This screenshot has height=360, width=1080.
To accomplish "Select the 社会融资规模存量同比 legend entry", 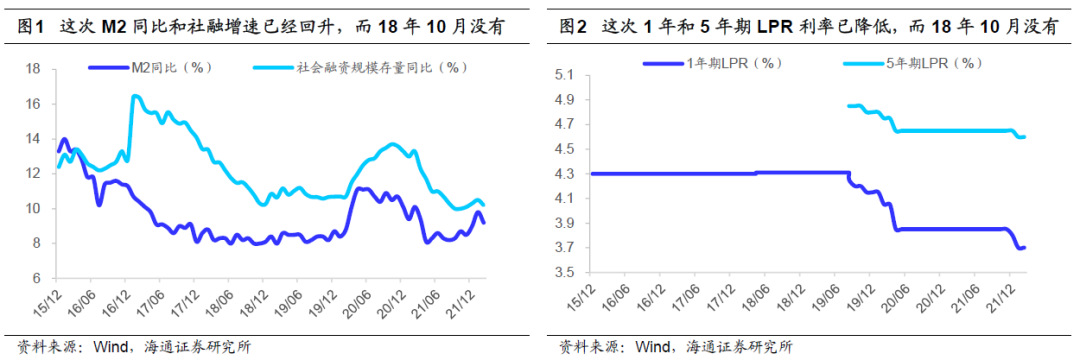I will tap(380, 68).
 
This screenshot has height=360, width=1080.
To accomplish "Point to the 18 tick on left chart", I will tap(32, 69).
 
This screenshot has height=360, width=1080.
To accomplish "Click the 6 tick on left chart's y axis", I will tap(35, 278).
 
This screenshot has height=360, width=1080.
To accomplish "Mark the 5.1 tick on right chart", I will tap(565, 75).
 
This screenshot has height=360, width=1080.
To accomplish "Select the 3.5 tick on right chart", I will tap(565, 273).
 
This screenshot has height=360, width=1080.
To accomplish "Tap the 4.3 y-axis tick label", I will tap(565, 174).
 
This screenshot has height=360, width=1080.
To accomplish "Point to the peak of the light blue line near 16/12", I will tap(134, 96).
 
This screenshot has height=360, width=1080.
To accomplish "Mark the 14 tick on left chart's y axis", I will tap(32, 139).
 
